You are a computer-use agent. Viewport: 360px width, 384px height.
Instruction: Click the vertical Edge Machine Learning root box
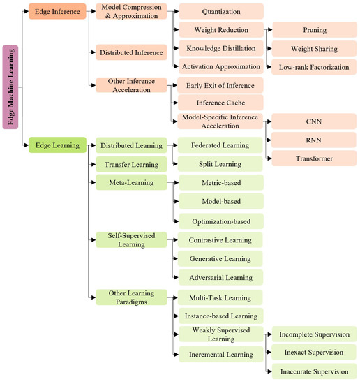[x=11, y=87]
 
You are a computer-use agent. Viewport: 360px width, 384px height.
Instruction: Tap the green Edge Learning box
[x=57, y=145]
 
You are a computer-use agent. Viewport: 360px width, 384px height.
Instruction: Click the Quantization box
[x=220, y=11]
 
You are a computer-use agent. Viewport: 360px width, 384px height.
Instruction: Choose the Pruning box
[x=315, y=30]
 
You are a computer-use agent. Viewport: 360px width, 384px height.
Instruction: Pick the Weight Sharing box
[x=315, y=48]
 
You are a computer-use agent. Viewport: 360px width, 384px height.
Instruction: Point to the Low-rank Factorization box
[x=315, y=66]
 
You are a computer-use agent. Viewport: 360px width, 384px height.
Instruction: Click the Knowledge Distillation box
[x=220, y=48]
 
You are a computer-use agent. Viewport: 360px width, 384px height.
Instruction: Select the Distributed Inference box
[x=130, y=52]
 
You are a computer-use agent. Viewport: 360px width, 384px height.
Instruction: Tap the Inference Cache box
[x=220, y=103]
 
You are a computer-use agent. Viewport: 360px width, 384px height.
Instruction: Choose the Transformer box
[x=315, y=158]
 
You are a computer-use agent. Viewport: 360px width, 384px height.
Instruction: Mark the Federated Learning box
[x=220, y=146]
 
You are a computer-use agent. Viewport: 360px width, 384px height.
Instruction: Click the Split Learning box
[x=220, y=164]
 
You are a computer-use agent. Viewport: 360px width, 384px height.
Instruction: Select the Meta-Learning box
[x=130, y=182]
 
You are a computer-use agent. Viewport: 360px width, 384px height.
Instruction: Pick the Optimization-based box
[x=220, y=221]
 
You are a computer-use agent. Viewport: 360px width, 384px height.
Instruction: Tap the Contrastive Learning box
[x=220, y=240]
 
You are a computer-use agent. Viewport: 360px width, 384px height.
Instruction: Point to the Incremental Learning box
[x=220, y=354]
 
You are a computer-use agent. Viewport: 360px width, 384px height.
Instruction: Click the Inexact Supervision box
[x=315, y=352]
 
